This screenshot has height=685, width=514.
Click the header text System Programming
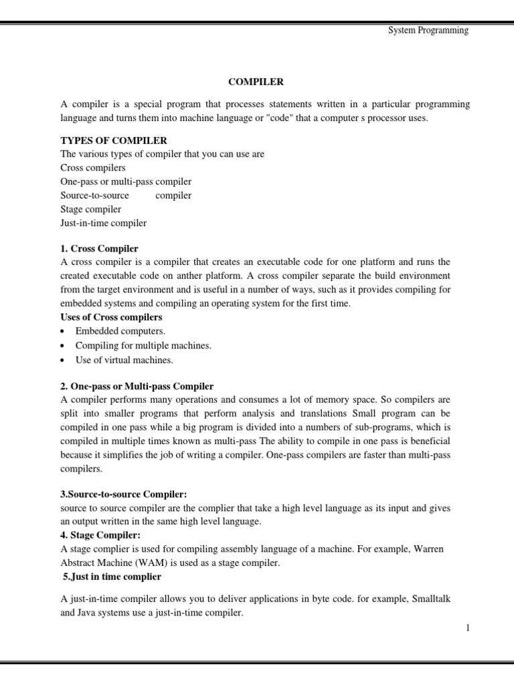[x=428, y=30]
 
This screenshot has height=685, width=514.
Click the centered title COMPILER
[x=256, y=82]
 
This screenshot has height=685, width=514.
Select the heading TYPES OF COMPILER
[x=114, y=140]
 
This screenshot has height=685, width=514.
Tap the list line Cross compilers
[x=92, y=167]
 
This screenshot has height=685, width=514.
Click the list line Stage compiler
[x=90, y=209]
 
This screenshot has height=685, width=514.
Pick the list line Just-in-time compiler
[x=103, y=223]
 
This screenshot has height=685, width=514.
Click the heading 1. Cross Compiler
[x=99, y=248]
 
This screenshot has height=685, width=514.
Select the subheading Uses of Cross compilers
[x=111, y=317]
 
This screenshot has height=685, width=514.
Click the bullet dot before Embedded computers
[x=63, y=332]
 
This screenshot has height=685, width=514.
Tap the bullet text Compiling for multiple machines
[x=143, y=345]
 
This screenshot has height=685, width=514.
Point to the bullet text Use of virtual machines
[x=124, y=360]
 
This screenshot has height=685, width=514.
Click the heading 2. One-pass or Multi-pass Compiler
[x=137, y=386]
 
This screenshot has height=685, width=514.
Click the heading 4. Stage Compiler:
[x=100, y=535]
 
